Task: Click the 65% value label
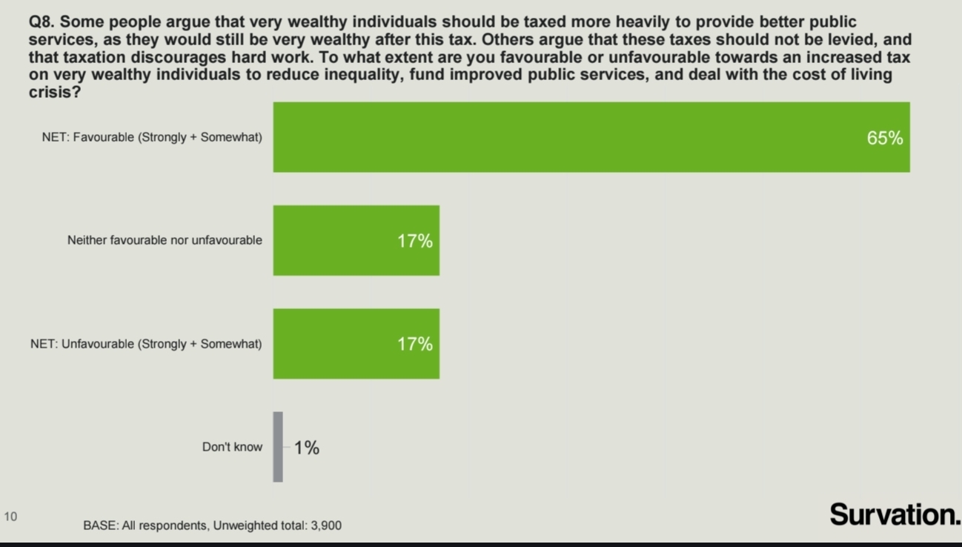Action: click(x=885, y=138)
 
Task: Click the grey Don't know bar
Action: click(x=278, y=447)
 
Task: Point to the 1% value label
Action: click(x=307, y=448)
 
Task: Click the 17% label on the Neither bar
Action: click(x=415, y=241)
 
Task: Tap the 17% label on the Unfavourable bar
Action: click(x=415, y=344)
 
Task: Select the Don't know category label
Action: click(x=232, y=447)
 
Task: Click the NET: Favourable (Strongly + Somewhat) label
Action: click(x=152, y=138)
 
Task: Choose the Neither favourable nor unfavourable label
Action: click(x=165, y=240)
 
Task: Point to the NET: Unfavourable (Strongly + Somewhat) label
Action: click(x=146, y=344)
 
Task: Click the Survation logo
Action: click(x=895, y=514)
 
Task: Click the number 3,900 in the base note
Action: click(x=325, y=526)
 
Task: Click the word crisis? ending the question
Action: click(x=54, y=93)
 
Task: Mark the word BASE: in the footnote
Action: click(x=99, y=526)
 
